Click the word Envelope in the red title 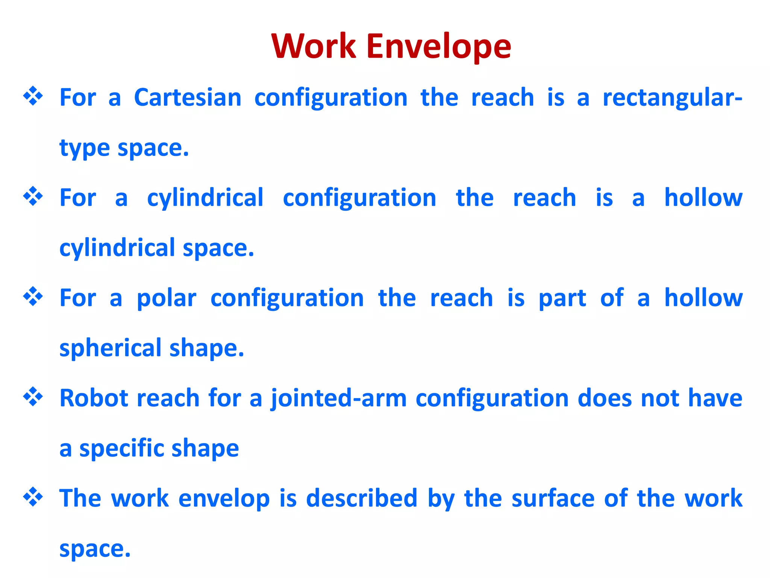tap(438, 47)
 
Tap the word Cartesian tap(188, 97)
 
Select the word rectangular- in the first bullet tap(672, 97)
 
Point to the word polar tap(166, 298)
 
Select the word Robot tap(92, 398)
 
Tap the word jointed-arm tap(339, 399)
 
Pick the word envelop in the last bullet tap(224, 499)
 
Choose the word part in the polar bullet tap(562, 298)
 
